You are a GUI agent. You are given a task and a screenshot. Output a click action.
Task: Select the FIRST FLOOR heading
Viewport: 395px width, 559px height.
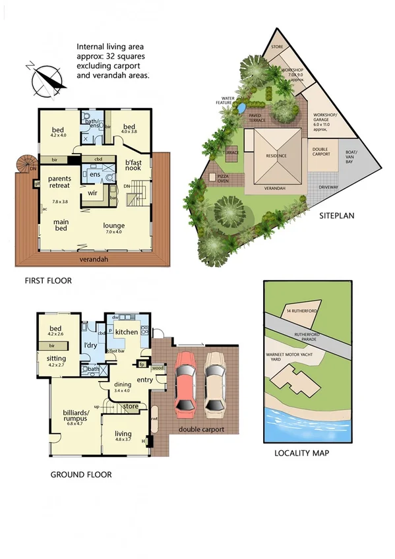(47, 281)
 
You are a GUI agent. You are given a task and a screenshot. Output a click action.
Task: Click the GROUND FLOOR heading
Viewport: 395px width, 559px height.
(80, 474)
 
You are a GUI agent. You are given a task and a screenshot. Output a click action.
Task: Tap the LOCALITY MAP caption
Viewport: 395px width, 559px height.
(301, 453)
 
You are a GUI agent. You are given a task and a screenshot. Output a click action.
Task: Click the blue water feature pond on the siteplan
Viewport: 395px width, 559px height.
(241, 106)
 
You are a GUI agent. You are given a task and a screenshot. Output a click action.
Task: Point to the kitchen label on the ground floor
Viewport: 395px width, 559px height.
(126, 332)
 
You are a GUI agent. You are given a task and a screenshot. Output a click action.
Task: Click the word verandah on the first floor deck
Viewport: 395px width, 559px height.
(94, 259)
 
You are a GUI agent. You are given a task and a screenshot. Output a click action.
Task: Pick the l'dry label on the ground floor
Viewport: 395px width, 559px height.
(91, 345)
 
